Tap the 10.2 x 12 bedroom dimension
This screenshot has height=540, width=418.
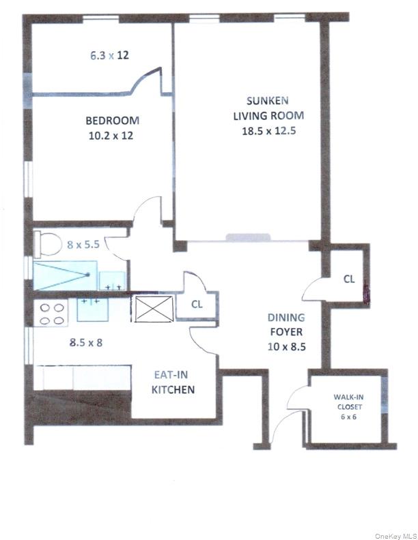point(112,135)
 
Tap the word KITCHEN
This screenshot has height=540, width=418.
point(173,390)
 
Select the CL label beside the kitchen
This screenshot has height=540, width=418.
point(196,305)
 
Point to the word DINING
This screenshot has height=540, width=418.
point(285,318)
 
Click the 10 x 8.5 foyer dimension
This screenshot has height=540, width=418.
point(285,346)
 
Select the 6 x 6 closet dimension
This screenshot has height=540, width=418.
point(348,417)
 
